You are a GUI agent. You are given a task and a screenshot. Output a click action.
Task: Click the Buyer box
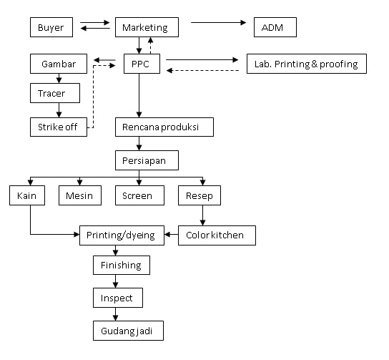(51, 27)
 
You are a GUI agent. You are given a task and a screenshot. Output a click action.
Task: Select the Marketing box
(147, 27)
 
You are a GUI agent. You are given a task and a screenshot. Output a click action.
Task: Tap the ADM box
(275, 27)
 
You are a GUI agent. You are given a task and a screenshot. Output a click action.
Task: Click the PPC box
(142, 64)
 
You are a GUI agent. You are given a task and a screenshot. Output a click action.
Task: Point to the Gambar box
(59, 64)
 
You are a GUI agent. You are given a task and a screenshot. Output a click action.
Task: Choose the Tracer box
(55, 93)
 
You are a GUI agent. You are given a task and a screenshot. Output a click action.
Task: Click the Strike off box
(59, 127)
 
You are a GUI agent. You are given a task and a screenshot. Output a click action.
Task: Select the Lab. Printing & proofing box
(307, 64)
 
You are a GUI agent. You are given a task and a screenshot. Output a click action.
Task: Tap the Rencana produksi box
(164, 127)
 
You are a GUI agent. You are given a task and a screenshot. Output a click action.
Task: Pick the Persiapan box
(147, 160)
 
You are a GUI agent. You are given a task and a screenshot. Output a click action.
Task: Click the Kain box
(27, 195)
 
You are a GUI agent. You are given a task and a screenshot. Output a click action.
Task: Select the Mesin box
(80, 195)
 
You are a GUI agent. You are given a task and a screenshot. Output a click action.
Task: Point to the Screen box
(139, 195)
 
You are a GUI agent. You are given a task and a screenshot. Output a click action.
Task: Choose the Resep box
(200, 195)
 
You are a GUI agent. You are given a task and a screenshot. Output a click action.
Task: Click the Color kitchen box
(217, 235)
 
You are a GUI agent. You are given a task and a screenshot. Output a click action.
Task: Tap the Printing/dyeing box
(122, 235)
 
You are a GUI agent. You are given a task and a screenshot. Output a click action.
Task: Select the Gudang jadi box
(128, 331)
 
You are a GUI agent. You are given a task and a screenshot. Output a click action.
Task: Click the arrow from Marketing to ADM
(219, 23)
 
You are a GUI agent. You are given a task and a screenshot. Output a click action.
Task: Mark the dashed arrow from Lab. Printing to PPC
(202, 71)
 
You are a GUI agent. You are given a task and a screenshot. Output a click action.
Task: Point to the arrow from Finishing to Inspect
(115, 281)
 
